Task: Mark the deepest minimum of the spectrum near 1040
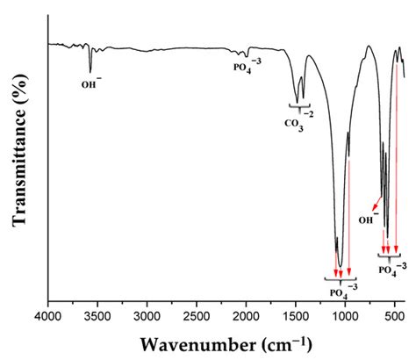pos(340,266)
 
